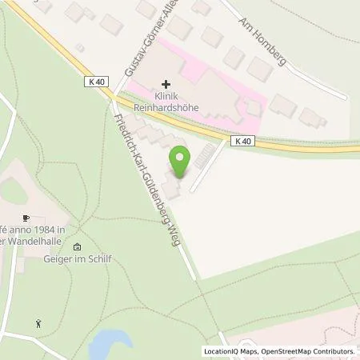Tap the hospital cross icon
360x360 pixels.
coord(166,83)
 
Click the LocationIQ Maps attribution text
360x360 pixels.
coord(230,351)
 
